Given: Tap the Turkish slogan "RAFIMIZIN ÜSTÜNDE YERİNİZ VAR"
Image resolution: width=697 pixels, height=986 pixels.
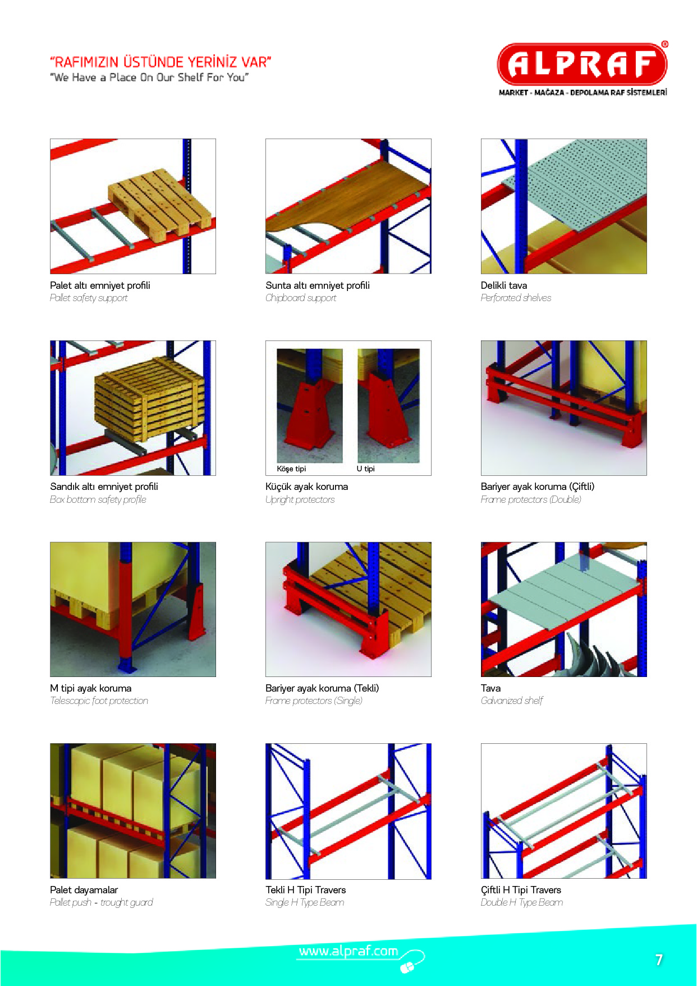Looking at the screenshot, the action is (161, 61).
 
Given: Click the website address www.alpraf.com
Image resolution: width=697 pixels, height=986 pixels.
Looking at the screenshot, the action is (349, 951).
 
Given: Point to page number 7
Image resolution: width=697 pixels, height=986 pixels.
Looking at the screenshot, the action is (659, 960).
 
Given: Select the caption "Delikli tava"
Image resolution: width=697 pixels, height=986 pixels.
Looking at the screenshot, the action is (504, 285).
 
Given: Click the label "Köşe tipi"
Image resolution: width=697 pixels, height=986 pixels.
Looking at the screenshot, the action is (291, 469).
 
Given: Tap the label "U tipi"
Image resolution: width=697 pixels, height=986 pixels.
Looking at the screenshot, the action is (365, 469).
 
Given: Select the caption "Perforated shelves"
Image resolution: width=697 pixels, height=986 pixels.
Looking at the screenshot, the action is (516, 298).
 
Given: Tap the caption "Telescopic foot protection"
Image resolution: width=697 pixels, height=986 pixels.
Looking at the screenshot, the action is (99, 701).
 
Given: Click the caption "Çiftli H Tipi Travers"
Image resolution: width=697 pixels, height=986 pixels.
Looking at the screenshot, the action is (521, 890).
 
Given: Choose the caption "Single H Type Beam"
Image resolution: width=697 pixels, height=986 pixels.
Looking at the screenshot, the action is (305, 902).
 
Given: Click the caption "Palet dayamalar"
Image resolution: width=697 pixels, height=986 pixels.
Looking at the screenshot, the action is (84, 890).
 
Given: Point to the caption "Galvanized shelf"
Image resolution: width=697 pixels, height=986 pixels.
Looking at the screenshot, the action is (512, 701).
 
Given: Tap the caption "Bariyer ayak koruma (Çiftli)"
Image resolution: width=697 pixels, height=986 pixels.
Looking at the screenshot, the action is (538, 487).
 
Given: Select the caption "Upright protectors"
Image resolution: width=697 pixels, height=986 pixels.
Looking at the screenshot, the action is (300, 499).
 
